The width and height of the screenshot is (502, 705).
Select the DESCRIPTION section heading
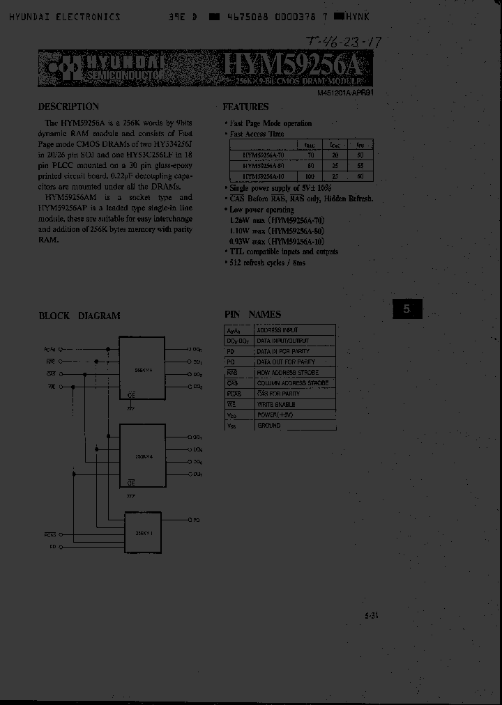[x=68, y=107]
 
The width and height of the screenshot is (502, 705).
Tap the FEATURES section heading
[x=245, y=107]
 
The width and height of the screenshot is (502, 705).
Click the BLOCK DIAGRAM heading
[x=79, y=316]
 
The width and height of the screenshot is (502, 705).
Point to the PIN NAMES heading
[x=252, y=315]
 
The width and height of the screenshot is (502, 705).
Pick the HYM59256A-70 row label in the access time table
[x=263, y=156]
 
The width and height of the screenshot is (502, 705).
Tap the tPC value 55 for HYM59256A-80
[x=360, y=166]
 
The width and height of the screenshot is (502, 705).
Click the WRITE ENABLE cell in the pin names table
[x=276, y=404]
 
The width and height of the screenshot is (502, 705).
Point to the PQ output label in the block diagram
[x=197, y=520]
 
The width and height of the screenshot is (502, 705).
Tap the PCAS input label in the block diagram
[x=50, y=535]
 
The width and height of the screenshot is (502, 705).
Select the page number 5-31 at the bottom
[x=371, y=615]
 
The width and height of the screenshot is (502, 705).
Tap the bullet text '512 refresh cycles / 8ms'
[x=267, y=263]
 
